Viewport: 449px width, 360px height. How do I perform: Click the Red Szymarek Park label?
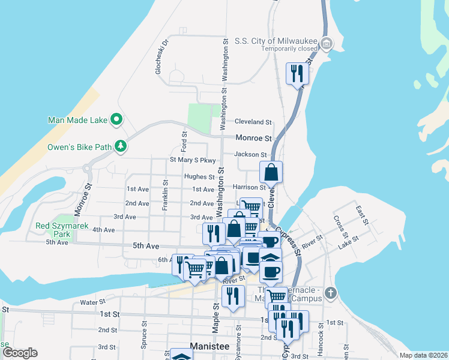coord(61,226)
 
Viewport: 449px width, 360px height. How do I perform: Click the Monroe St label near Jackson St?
coord(253,137)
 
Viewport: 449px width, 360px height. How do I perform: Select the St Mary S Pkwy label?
coord(192,160)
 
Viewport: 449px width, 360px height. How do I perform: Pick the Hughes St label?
coord(199,177)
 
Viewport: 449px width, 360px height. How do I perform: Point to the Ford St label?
coord(184,142)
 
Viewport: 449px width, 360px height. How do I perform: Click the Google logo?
coord(20,353)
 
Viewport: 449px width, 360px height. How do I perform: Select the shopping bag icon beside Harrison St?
coord(271,172)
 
